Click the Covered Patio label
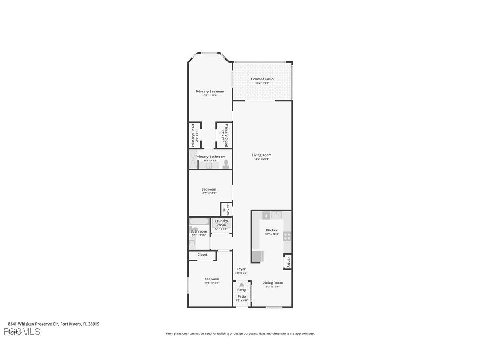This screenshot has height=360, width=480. point(262,79)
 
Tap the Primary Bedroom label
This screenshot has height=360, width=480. point(210,92)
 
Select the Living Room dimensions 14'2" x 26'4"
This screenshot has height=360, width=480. point(262,159)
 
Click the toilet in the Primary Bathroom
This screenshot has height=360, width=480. point(226,164)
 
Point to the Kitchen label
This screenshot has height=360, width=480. point(272,230)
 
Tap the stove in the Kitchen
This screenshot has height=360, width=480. point(287,236)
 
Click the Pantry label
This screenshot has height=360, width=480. point(288,262)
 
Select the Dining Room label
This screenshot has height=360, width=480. point(272,283)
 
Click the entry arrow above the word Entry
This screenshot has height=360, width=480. point(241,285)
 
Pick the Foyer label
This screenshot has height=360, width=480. point(241,269)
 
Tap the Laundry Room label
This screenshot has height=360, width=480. point(221,223)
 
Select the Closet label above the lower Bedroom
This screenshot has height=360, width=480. point(202,255)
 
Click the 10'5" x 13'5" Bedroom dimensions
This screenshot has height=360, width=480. point(212,283)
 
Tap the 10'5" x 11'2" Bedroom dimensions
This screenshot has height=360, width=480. point(209,193)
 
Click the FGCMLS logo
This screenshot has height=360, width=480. point(22,332)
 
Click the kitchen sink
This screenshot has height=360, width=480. point(277,215)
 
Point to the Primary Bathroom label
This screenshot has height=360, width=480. point(210,157)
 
